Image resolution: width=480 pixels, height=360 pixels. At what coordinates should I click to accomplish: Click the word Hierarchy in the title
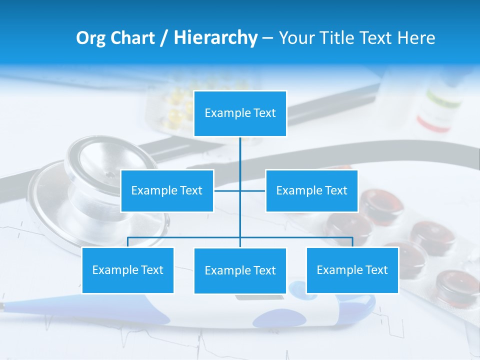tap(215, 38)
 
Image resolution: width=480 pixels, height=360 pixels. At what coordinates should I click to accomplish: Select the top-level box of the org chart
tap(240, 113)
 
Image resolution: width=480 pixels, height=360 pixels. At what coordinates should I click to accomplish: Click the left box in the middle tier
tap(167, 190)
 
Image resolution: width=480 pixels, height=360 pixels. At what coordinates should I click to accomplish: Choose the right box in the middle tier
tap(311, 190)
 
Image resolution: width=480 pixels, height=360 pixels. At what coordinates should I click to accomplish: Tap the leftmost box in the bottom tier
tap(127, 270)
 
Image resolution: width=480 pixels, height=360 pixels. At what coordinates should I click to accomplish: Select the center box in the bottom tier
tap(240, 270)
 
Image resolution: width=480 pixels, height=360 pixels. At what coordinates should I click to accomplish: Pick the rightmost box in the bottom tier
tap(352, 270)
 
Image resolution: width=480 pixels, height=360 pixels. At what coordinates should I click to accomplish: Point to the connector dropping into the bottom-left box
tap(127, 242)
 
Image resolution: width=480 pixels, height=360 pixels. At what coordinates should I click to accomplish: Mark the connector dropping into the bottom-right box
tap(352, 242)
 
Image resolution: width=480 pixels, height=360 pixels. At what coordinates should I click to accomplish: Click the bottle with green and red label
tap(440, 107)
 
